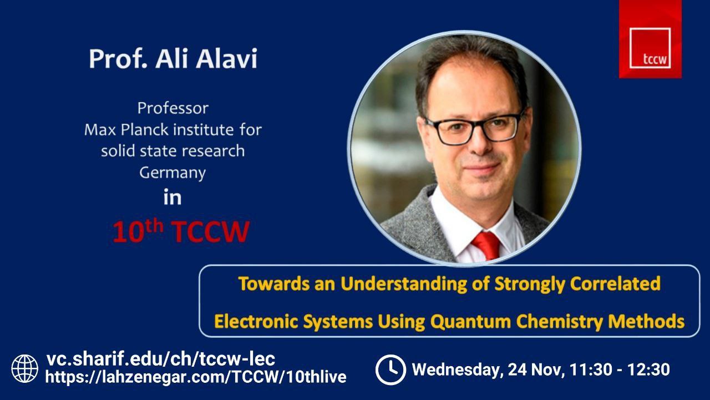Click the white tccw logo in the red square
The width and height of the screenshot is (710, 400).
[650, 48]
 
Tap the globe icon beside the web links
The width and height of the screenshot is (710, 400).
[25, 368]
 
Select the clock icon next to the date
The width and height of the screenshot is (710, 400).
[390, 369]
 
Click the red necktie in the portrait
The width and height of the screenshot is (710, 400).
[487, 245]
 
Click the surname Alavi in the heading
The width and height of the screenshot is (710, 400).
[227, 59]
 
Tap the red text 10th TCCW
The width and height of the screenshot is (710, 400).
[181, 232]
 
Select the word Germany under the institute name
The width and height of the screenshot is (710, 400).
[173, 173]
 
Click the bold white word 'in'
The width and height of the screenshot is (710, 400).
[173, 198]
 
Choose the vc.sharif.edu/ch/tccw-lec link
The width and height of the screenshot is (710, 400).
[161, 359]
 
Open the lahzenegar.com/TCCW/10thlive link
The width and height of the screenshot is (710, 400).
[196, 377]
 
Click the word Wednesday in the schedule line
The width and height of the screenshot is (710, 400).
[458, 370]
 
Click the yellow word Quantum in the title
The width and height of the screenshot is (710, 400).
[470, 321]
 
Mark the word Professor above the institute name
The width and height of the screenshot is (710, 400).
[173, 108]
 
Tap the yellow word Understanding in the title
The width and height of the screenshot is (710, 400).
[404, 284]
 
